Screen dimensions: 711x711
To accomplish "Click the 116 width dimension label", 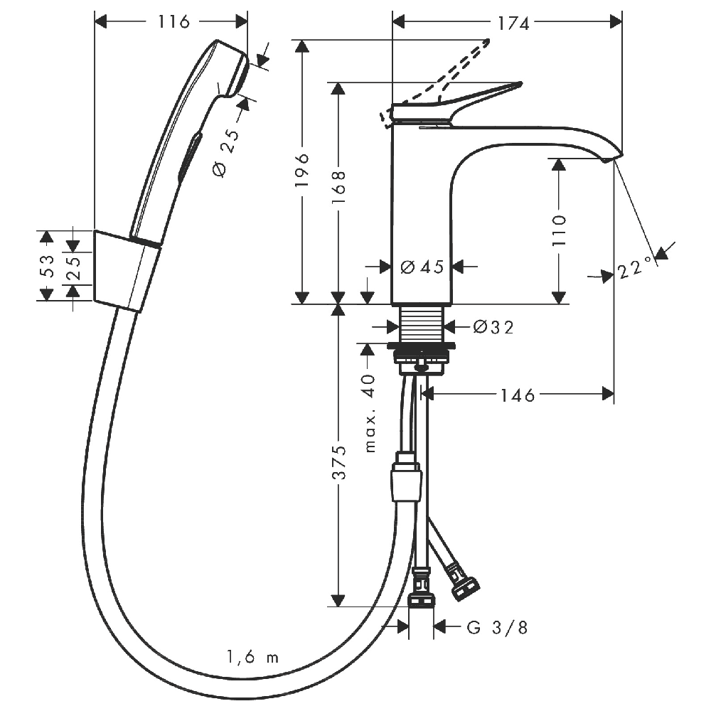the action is coord(173,21).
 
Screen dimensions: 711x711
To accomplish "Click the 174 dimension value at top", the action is coord(514,23).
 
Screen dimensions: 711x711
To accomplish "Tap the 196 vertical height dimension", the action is coord(301,170).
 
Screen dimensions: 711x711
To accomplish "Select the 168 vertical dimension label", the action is coord(338,187).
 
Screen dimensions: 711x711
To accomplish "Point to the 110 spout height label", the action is coord(559,230).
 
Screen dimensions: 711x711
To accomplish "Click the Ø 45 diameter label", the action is coord(422,267).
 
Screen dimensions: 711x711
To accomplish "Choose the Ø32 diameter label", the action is coord(493,326).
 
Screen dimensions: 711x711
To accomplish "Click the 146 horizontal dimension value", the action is coord(518,395).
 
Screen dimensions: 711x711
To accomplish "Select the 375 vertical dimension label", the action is coord(338,463).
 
